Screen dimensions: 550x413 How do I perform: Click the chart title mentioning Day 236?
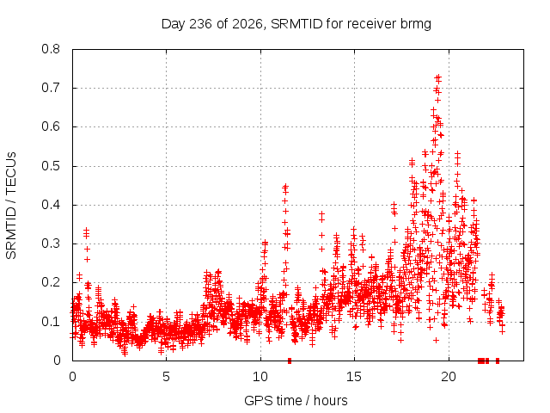[x=296, y=24]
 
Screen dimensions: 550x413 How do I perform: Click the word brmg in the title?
[x=415, y=25]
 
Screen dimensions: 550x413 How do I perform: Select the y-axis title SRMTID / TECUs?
[x=11, y=206]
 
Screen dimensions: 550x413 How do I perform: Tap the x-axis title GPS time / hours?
[x=296, y=400]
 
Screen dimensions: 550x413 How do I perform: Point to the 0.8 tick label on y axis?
[x=51, y=49]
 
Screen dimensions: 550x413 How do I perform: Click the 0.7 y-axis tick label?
[x=51, y=88]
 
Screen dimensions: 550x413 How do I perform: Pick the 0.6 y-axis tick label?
[x=51, y=126]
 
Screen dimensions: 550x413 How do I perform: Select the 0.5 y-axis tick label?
[x=51, y=166]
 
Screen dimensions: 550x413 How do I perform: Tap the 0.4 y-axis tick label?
[x=51, y=205]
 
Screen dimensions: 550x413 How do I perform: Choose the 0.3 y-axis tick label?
[x=51, y=243]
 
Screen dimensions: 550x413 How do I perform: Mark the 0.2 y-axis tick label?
[x=51, y=283]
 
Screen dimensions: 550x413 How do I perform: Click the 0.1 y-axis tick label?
[x=51, y=322]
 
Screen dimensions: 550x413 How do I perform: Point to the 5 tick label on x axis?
[x=166, y=377]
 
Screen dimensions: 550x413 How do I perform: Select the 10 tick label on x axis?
[x=260, y=377]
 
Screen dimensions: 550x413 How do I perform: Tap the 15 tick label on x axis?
[x=354, y=377]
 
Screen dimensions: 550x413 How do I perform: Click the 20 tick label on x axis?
[x=449, y=377]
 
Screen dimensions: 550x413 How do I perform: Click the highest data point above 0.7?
[x=437, y=77]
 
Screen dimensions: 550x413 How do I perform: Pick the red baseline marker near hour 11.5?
[x=290, y=361]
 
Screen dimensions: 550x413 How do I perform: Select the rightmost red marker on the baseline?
[x=498, y=361]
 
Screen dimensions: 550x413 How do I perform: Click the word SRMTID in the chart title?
[x=296, y=24]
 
